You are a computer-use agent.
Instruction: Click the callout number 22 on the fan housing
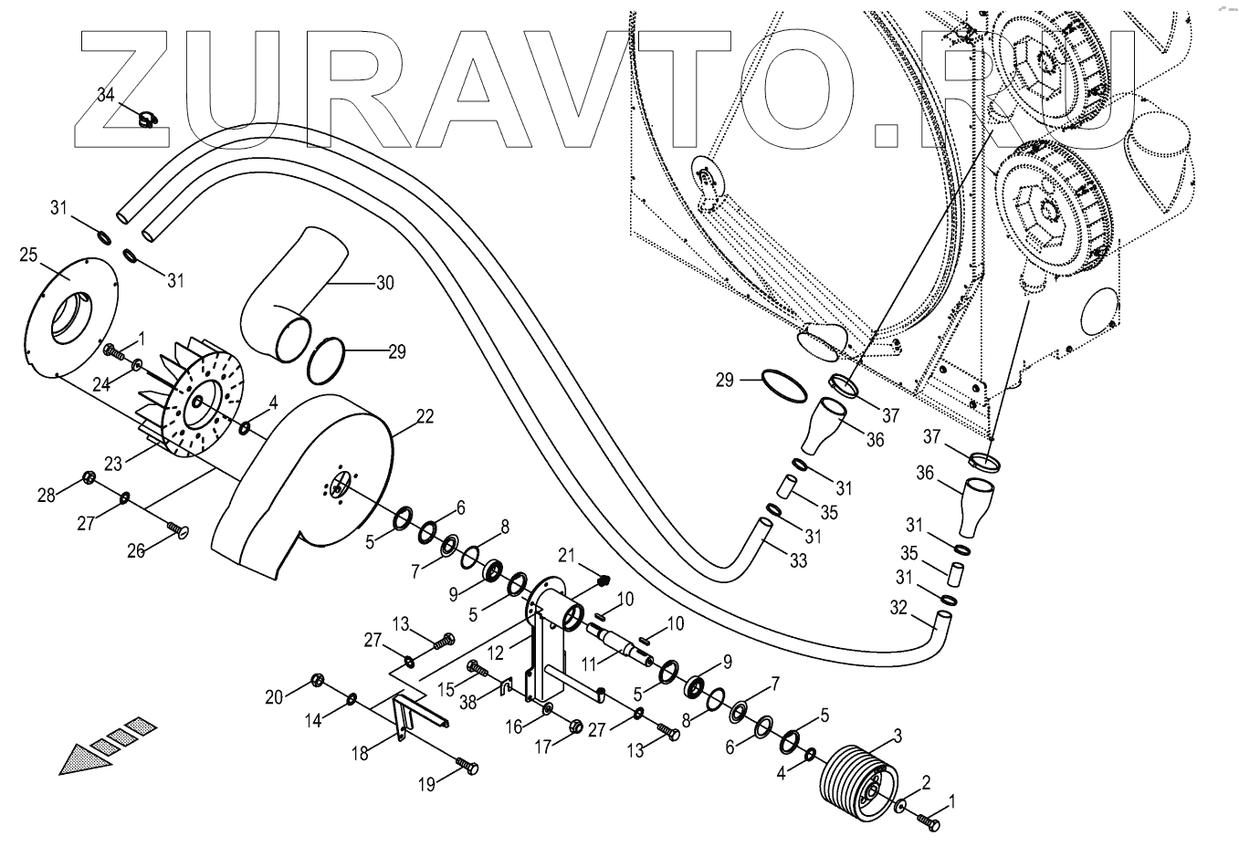pyautogui.click(x=424, y=416)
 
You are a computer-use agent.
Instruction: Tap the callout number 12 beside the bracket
pyautogui.click(x=495, y=654)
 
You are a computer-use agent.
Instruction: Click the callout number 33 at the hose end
pyautogui.click(x=798, y=561)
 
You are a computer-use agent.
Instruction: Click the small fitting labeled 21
pyautogui.click(x=603, y=580)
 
